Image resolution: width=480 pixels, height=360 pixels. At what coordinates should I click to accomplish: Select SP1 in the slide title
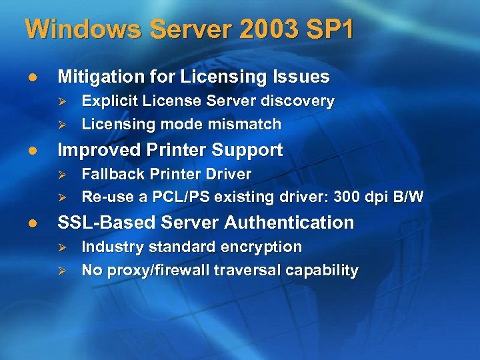pyautogui.click(x=331, y=29)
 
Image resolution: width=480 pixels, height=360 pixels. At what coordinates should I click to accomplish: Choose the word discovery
pyautogui.click(x=303, y=101)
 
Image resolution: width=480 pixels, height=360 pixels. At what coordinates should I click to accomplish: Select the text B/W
pyautogui.click(x=408, y=197)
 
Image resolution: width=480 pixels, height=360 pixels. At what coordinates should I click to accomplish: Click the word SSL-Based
pyautogui.click(x=101, y=222)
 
